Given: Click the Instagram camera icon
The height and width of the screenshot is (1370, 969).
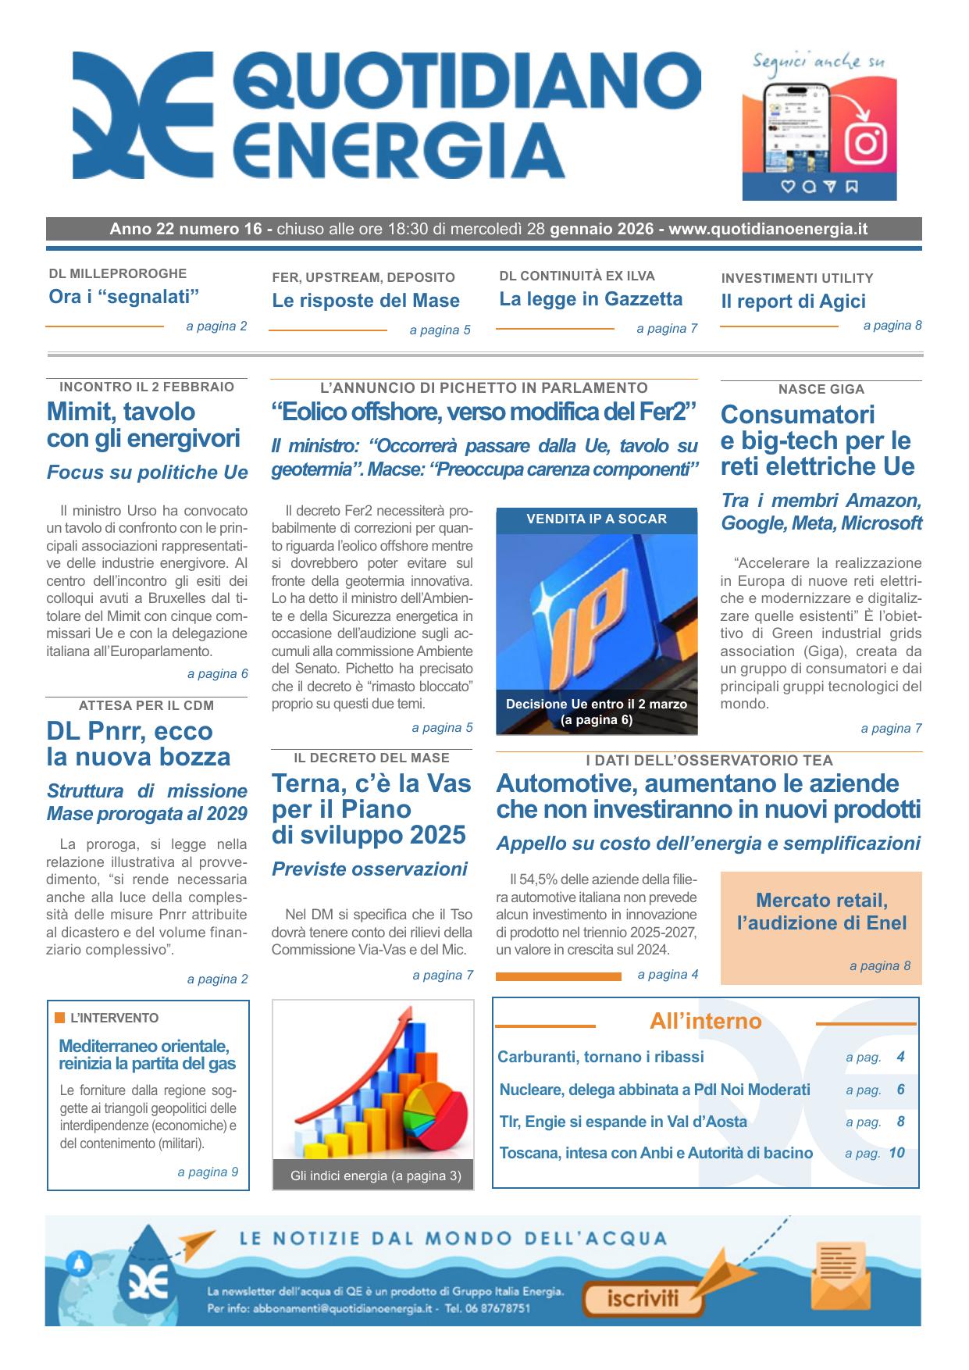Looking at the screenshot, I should point(865,142).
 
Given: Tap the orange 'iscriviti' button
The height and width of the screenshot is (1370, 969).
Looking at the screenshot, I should point(643,1299).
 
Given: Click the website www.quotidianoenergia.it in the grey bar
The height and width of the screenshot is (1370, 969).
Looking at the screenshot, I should point(768,230).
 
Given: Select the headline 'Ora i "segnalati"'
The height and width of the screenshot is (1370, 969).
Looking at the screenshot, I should point(124,297).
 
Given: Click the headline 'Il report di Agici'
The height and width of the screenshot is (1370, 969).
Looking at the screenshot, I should point(793,301).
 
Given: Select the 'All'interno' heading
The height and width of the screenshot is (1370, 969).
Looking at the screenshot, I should point(705,1022).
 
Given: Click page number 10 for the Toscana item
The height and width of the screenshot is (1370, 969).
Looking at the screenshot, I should point(896,1153).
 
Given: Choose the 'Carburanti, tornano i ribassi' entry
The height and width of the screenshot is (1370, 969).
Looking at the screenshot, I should point(600,1057).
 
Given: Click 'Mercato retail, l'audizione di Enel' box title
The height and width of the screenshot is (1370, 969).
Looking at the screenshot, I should point(821,912).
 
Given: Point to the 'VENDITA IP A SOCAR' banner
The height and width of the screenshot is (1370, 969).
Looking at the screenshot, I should point(597,519).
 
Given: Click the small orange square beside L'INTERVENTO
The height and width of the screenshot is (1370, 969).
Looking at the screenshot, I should point(60,1018).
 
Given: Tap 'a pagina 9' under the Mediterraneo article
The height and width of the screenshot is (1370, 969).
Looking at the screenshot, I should point(208,1172).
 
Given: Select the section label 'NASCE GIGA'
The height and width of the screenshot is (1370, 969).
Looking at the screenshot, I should point(821,389).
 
